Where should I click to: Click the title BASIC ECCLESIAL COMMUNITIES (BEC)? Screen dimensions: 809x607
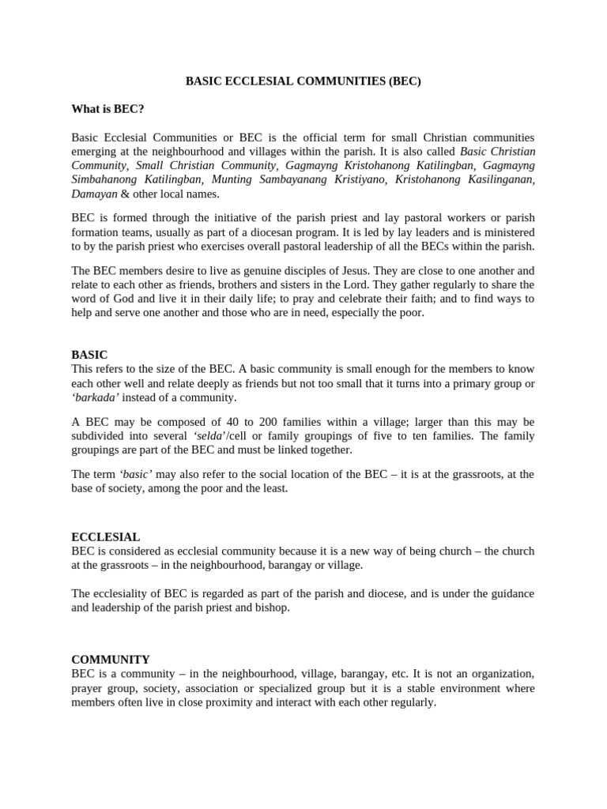303,81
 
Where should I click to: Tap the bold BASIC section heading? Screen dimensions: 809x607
89,355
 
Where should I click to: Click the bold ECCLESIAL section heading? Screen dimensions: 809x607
106,536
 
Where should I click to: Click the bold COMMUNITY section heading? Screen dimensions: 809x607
111,659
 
